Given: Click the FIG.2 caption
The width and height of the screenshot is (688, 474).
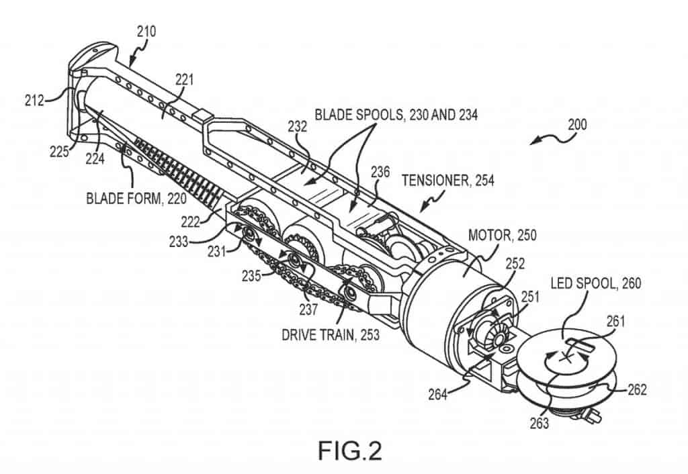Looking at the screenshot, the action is (349, 450).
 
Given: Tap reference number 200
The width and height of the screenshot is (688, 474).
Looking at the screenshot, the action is (577, 124).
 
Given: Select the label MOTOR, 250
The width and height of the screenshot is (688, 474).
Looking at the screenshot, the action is (503, 235).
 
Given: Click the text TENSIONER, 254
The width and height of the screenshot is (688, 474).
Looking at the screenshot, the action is (448, 180).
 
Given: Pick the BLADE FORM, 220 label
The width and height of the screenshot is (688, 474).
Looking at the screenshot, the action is (136, 198).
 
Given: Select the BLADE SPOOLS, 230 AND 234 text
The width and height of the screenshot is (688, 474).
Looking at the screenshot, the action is (396, 114).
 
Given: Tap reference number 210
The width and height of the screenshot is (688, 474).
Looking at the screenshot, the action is (146, 32).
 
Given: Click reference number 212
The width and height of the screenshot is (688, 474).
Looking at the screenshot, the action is (34, 101).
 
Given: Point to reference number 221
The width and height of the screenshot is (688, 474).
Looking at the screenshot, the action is (184, 79).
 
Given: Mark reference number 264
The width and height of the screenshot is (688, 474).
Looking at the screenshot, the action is (438, 394).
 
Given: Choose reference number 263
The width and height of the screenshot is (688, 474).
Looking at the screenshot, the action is (539, 423).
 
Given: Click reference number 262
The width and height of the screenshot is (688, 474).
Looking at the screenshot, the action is (637, 389).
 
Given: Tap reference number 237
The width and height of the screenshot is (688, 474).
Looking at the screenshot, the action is (308, 309).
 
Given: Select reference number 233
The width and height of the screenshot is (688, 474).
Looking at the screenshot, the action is (179, 242).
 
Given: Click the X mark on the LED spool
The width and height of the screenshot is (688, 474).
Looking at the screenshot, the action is (566, 358).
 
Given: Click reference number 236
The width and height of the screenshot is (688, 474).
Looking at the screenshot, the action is (380, 171).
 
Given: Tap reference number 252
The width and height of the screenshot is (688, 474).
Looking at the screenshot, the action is (515, 264).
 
